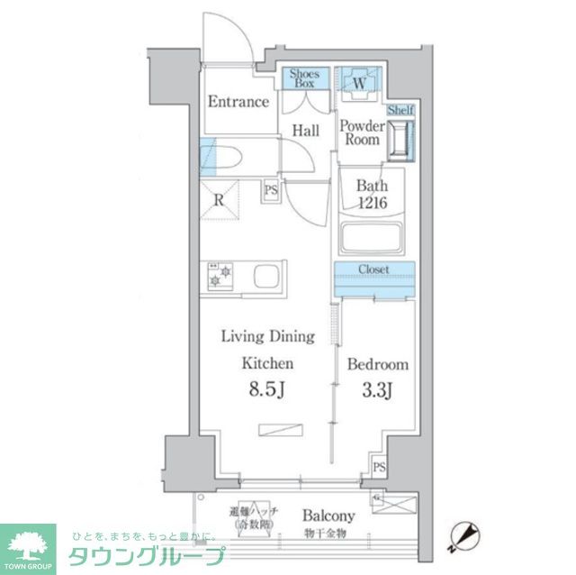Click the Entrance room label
238,102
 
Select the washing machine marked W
359,83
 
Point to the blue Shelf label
400,110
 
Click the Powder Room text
362,133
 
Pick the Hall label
305,132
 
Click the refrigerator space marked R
219,201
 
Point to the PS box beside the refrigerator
270,191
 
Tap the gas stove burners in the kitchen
220,275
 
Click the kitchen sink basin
266,276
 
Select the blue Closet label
373,269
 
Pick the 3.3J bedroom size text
377,392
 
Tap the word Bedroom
378,365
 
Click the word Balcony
328,516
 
